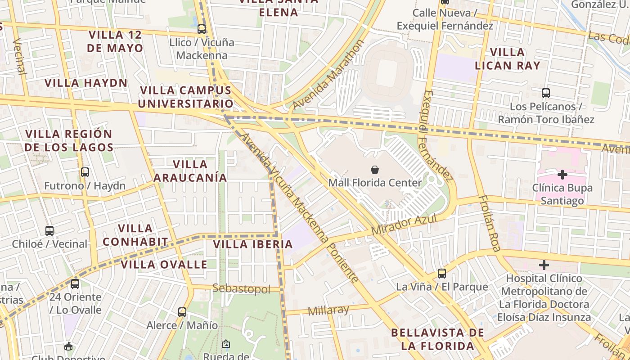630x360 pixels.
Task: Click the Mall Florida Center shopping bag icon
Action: click(374, 170)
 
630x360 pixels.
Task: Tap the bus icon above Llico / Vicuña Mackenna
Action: click(202, 29)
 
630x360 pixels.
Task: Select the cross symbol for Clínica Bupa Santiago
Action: click(562, 175)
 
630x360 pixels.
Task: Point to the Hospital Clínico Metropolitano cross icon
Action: click(544, 265)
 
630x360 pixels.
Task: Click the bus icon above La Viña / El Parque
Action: click(442, 273)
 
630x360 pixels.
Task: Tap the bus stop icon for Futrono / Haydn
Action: click(85, 172)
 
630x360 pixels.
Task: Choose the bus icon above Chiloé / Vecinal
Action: click(49, 231)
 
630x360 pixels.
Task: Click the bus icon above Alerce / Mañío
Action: click(182, 312)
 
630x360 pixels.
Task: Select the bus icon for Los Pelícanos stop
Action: click(546, 93)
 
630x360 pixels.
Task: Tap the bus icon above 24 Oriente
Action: click(75, 284)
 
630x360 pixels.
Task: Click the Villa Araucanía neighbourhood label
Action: click(190, 171)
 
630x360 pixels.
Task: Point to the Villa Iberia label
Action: click(253, 244)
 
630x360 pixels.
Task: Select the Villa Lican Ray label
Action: click(508, 58)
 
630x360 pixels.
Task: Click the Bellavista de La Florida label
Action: click(437, 339)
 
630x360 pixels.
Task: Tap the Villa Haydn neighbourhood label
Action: click(86, 83)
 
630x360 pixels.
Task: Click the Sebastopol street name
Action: click(241, 288)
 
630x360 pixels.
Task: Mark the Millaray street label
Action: click(328, 310)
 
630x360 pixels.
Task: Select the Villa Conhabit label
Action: click(135, 235)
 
